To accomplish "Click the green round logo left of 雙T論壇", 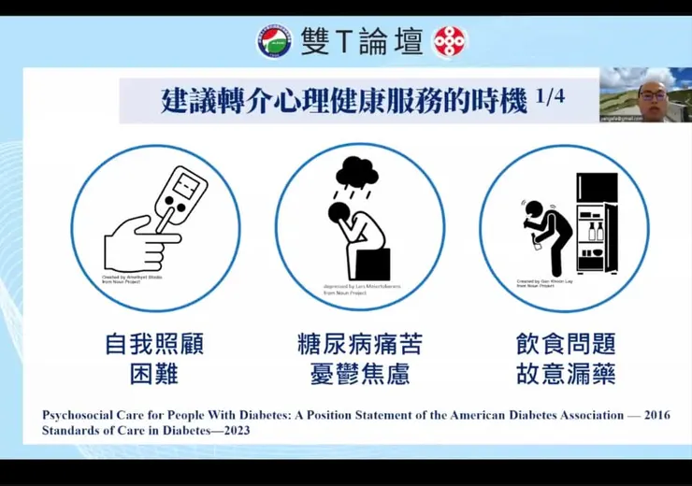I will pos(273,41).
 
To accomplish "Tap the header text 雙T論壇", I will pos(361,41).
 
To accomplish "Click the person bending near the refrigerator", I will pos(546,229).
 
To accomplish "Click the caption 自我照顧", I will pos(154,344).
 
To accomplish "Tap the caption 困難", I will pos(154,375).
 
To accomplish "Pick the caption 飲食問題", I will pos(565,344).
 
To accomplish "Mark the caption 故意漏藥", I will pos(565,375).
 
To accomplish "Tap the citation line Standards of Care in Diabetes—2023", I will pos(146,431).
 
